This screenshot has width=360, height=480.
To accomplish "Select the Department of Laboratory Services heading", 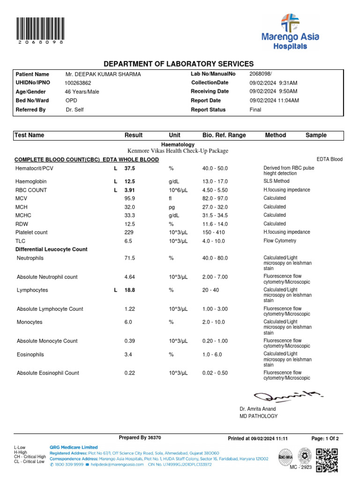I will (179, 64).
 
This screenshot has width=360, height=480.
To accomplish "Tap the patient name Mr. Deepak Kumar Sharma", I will (103, 74).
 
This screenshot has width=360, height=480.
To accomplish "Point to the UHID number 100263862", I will (78, 83).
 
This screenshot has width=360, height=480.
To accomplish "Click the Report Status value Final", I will (255, 110).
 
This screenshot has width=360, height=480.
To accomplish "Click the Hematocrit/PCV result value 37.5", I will (129, 168).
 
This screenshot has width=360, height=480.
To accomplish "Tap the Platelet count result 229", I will (129, 232).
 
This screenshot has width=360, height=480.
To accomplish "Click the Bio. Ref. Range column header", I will (224, 135).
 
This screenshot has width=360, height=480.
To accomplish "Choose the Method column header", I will (275, 135).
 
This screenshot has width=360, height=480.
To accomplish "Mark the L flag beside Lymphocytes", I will (115, 291).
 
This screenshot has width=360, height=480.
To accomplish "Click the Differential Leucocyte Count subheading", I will (52, 249).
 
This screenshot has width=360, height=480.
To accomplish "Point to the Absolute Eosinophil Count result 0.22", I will (129, 373).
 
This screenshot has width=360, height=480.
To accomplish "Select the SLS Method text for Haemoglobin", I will (276, 181).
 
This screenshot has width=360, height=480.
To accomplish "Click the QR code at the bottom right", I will (327, 460).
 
